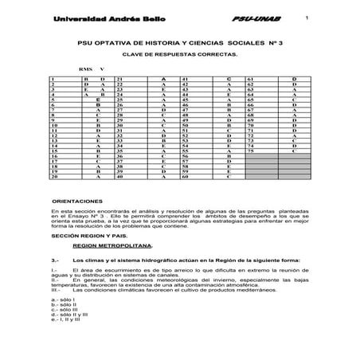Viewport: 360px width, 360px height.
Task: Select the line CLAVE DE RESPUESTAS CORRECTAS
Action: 179,57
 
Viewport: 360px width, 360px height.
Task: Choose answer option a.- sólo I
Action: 64,299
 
